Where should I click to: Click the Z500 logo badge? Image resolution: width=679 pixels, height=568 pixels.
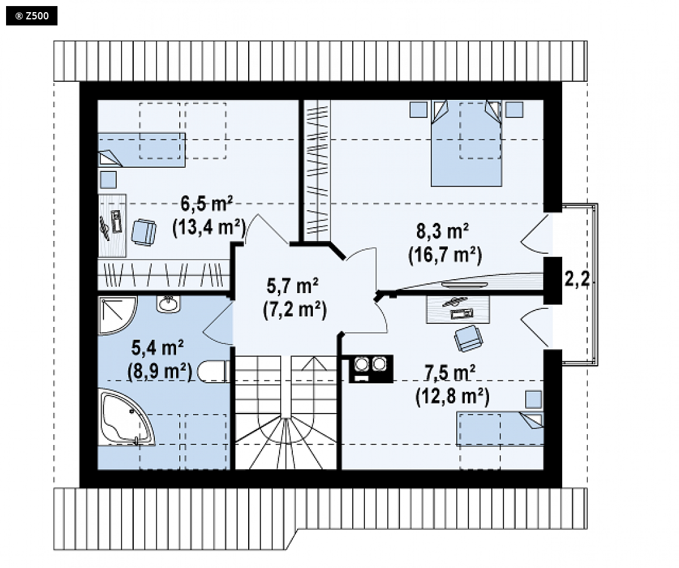pyautogui.click(x=31, y=16)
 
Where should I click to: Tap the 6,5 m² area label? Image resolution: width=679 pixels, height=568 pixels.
pyautogui.click(x=206, y=203)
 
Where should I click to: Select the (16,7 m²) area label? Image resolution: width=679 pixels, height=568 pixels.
pyautogui.click(x=445, y=255)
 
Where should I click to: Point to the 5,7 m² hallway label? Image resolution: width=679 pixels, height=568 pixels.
pyautogui.click(x=292, y=286)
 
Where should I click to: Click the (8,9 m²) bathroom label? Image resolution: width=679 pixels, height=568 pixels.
pyautogui.click(x=160, y=371)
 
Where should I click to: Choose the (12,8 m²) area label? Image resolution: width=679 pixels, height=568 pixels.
pyautogui.click(x=453, y=396)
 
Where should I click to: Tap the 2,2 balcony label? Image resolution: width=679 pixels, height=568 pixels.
pyautogui.click(x=577, y=279)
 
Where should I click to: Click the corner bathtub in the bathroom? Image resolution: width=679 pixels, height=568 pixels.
pyautogui.click(x=126, y=417)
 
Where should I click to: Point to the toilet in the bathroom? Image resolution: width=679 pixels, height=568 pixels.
pyautogui.click(x=213, y=371)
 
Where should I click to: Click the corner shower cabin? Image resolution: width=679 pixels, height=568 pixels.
pyautogui.click(x=116, y=315)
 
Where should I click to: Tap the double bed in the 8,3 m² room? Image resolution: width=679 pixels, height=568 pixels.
pyautogui.click(x=466, y=144)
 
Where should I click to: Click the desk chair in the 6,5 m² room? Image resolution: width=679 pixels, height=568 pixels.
pyautogui.click(x=144, y=232)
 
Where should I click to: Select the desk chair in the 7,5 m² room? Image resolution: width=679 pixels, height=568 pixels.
pyautogui.click(x=468, y=338)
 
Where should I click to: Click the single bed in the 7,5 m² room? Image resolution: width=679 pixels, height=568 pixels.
pyautogui.click(x=500, y=429)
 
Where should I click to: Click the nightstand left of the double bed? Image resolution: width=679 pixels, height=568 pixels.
pyautogui.click(x=418, y=109)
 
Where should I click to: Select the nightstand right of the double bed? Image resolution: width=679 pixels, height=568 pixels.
pyautogui.click(x=514, y=109)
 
